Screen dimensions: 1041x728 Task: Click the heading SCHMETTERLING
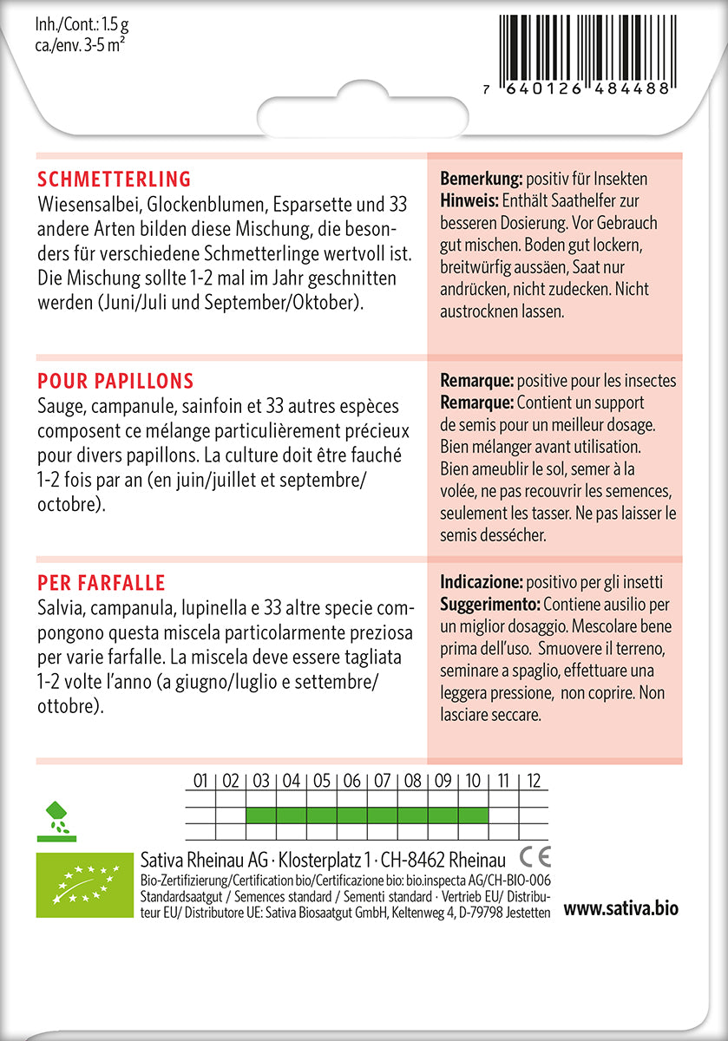[x=114, y=180]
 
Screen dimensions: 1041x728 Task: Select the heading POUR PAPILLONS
[x=115, y=382]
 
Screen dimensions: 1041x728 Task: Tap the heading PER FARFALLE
[x=102, y=582]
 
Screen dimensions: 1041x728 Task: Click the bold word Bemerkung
[x=481, y=180]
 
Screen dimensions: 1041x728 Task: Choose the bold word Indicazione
[x=481, y=581]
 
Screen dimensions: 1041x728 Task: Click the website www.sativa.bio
[x=620, y=909]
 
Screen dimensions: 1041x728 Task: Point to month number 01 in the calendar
[x=200, y=781]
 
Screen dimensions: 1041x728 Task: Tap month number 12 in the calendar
[x=534, y=781]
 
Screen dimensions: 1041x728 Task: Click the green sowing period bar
[x=367, y=815]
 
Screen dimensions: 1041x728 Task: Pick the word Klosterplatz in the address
[x=324, y=860]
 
